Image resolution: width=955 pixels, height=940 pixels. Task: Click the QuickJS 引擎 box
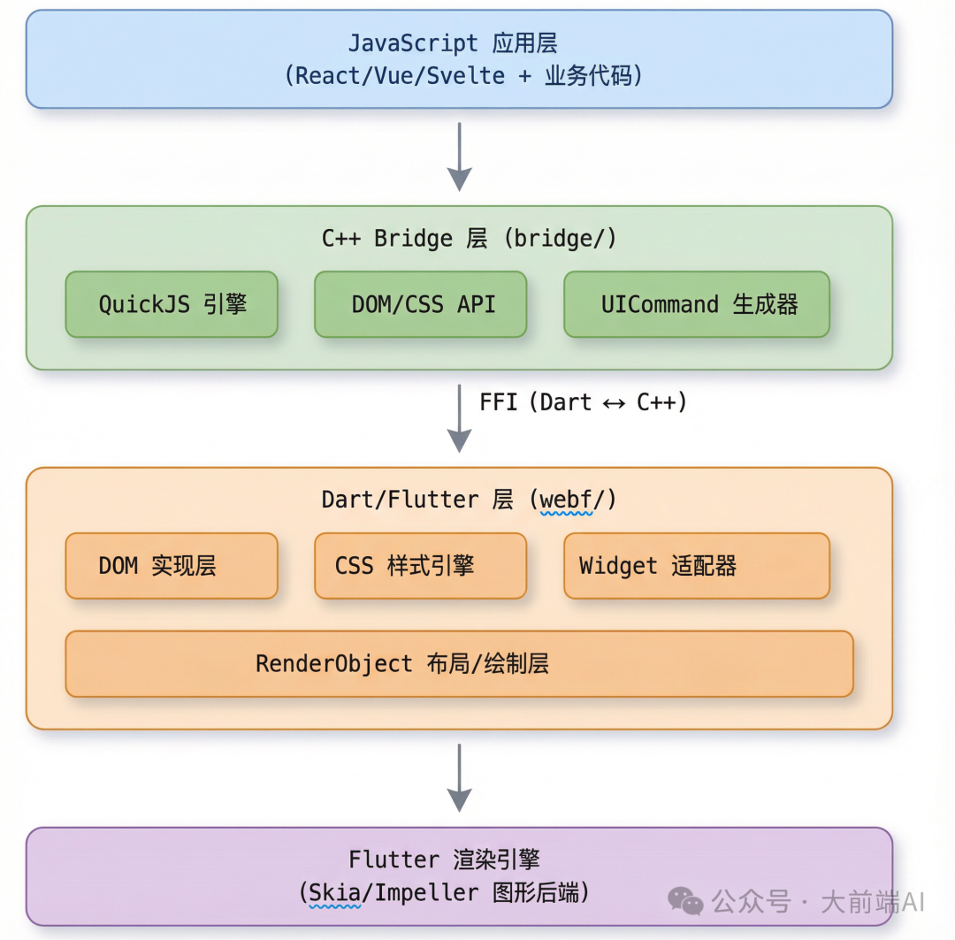tap(172, 304)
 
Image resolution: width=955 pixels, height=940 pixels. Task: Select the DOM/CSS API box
tap(421, 304)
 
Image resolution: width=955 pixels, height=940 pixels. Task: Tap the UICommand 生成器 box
tap(697, 304)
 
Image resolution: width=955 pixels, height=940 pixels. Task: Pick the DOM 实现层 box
tap(172, 566)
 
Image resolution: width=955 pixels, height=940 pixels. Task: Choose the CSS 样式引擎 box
tap(421, 566)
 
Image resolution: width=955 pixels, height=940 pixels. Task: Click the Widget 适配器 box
tap(697, 566)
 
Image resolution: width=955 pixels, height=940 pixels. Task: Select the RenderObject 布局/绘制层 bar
tap(459, 663)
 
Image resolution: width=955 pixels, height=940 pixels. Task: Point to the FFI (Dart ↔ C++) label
tap(583, 402)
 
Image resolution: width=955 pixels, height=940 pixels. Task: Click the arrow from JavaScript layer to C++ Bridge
tap(459, 157)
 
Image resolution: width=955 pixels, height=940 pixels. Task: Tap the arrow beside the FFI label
tap(459, 417)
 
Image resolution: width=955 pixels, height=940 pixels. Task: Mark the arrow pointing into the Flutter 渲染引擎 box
tap(459, 777)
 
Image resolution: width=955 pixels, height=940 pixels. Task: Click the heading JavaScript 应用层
tap(452, 43)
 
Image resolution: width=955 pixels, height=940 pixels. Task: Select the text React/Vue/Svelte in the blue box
tap(401, 76)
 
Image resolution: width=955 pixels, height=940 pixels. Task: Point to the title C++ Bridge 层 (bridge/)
tap(469, 239)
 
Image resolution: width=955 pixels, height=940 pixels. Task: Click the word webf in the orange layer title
tap(566, 501)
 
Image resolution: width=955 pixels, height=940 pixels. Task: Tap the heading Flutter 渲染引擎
tap(444, 860)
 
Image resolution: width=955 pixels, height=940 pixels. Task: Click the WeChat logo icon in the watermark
tap(686, 901)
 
